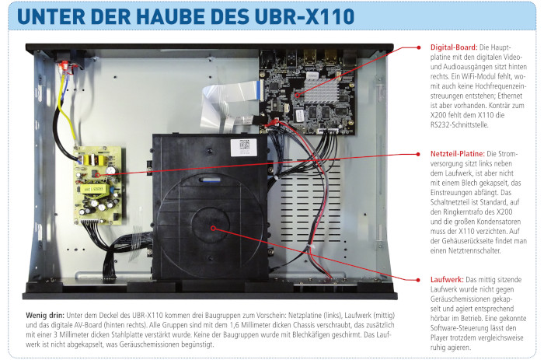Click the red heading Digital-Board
454,47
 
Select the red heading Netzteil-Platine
457,154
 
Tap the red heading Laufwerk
447,279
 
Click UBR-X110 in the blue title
305,16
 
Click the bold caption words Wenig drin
45,316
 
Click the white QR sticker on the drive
244,147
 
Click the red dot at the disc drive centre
214,228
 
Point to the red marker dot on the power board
98,175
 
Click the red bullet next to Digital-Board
419,47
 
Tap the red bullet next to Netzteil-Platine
418,154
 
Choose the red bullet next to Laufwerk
419,280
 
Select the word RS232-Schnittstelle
459,125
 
